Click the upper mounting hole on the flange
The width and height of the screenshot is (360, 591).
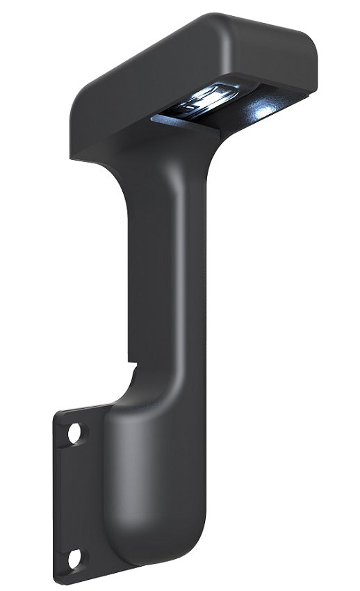click(75, 434)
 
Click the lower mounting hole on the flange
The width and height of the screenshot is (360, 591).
click(74, 556)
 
